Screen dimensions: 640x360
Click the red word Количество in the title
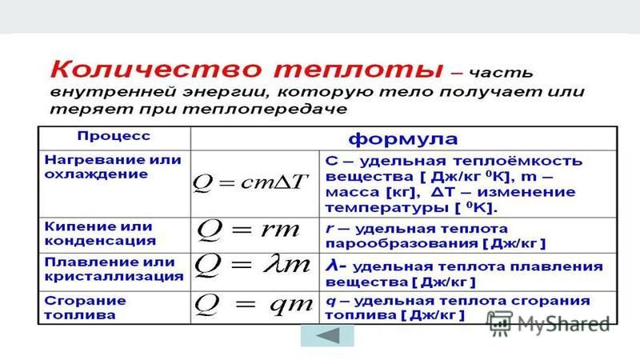point(155,69)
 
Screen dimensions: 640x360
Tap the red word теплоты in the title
point(358,70)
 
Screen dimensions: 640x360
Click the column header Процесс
point(114,136)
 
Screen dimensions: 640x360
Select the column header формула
point(403,138)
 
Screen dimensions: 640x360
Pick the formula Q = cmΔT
point(250,182)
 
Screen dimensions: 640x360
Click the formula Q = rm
point(248,230)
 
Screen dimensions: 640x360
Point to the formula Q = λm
point(252,266)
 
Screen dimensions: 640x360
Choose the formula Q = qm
point(254,305)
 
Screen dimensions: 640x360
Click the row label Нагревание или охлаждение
point(113,167)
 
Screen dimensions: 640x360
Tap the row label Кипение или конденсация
point(100,234)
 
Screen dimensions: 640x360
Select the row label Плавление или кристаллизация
point(114,269)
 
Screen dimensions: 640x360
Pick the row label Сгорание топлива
point(85,308)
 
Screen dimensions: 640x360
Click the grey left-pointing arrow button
point(327,336)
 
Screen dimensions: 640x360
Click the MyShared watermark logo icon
point(500,323)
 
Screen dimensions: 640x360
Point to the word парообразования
point(402,244)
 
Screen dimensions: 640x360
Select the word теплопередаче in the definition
point(265,110)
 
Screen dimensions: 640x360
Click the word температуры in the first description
point(388,208)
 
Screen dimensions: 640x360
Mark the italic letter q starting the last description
point(330,302)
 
